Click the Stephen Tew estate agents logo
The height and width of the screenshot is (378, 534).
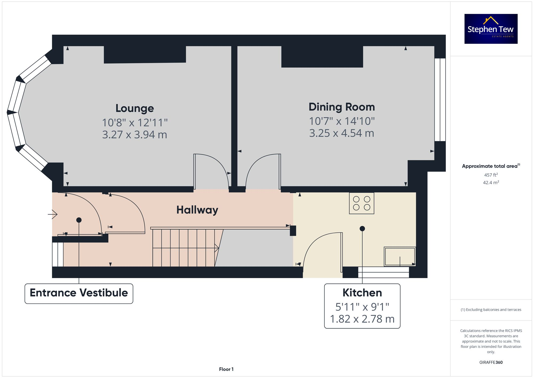point(491,29)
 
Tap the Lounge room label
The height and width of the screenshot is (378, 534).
point(135,108)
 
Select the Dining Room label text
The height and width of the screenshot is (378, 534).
point(341,107)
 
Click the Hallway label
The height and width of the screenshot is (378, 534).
point(197,210)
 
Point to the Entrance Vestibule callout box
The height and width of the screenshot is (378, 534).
point(79,293)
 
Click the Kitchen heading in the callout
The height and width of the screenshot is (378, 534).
point(362,293)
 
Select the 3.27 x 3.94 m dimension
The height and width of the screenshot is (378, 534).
point(135,134)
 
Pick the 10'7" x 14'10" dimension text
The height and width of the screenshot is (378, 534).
point(341,121)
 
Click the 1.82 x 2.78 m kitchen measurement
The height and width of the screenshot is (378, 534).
point(362,319)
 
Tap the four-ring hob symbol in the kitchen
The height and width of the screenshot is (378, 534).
point(362,203)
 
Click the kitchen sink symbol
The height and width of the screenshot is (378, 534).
point(400,256)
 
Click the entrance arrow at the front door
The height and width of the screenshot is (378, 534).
point(53,214)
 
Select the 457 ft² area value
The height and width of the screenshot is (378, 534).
point(491,175)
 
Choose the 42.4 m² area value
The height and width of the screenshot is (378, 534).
point(491,182)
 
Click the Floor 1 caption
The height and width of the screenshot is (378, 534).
point(226,369)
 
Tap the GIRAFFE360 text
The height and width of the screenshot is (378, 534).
point(491,362)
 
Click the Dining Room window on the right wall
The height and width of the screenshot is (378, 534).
point(440,100)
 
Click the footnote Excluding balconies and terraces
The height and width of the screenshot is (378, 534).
point(491,310)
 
